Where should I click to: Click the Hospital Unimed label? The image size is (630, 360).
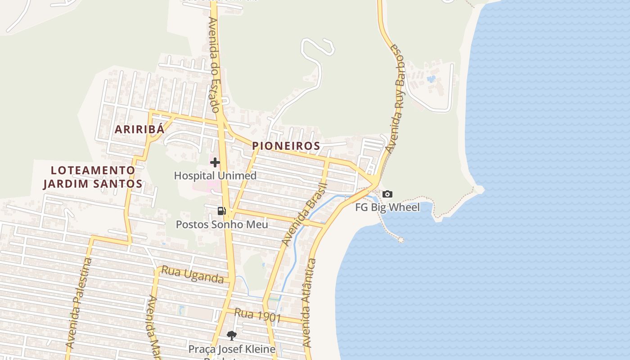point(215,175)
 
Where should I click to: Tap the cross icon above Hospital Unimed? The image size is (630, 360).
point(215,162)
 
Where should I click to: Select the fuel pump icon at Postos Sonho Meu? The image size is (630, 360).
point(221,211)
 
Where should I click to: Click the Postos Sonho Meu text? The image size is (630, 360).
point(222,224)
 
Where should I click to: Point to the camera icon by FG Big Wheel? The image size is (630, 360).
point(387,194)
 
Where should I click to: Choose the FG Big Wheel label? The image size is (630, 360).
point(387,207)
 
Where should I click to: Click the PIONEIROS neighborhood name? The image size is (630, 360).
point(286,146)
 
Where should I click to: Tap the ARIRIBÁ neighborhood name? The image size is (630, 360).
point(139,129)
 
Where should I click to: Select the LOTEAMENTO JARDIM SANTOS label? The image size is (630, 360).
point(93,177)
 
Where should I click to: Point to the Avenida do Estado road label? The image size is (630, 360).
point(214,65)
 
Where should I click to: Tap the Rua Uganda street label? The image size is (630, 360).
point(193,275)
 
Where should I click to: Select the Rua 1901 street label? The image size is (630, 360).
point(258,315)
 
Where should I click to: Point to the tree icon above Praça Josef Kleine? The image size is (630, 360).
point(231,335)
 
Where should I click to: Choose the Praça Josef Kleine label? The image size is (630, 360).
point(232,349)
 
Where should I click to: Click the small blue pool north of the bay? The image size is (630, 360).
point(431,79)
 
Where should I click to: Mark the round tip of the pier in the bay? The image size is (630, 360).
point(400,240)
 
